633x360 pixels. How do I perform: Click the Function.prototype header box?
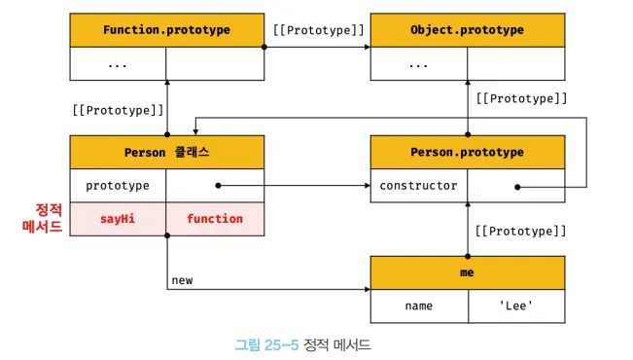click(x=166, y=30)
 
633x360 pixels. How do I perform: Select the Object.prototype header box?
click(x=468, y=30)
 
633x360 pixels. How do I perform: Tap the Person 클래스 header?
click(x=166, y=153)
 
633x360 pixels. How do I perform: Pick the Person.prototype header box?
click(x=468, y=153)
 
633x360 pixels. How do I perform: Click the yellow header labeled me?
click(x=468, y=272)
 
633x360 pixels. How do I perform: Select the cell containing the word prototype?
click(x=118, y=186)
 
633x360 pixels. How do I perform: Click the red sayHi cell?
click(x=118, y=219)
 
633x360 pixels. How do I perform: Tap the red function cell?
click(x=215, y=219)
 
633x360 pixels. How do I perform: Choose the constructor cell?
click(x=419, y=186)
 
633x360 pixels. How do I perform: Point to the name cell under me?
click(x=419, y=306)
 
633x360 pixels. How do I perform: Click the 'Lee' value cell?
click(x=516, y=306)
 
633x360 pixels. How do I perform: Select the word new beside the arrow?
click(x=182, y=280)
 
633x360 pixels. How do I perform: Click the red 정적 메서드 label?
click(x=43, y=218)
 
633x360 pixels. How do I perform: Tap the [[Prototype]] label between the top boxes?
click(x=319, y=30)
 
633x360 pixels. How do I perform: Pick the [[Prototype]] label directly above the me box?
click(x=520, y=232)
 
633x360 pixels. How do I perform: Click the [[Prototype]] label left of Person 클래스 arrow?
click(x=118, y=110)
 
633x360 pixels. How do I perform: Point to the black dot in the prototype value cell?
click(x=218, y=186)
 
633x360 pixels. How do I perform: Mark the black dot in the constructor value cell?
click(x=517, y=187)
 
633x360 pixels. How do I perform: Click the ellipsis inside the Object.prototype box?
click(x=418, y=65)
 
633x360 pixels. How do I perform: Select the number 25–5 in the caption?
click(x=282, y=345)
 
